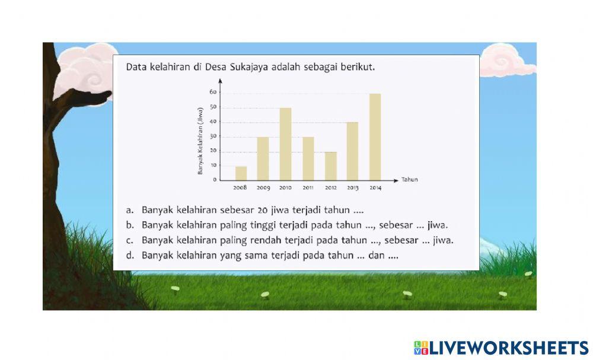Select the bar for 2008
pyautogui.click(x=241, y=173)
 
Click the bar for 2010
pyautogui.click(x=285, y=144)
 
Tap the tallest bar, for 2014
pyautogui.click(x=375, y=136)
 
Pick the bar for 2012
pyautogui.click(x=330, y=165)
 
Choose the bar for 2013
pyautogui.click(x=352, y=151)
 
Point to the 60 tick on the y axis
pyautogui.click(x=212, y=93)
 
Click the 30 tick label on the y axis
pyautogui.click(x=212, y=136)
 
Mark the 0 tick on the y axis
pyautogui.click(x=214, y=180)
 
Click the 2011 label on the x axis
pyautogui.click(x=308, y=188)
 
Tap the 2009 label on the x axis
pyautogui.click(x=263, y=188)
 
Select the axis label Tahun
pyautogui.click(x=409, y=180)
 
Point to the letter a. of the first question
pyautogui.click(x=129, y=210)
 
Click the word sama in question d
pyautogui.click(x=250, y=256)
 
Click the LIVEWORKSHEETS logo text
pyautogui.click(x=508, y=348)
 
